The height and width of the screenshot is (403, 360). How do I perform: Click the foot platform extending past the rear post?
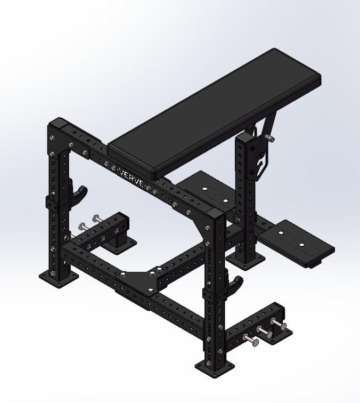click(x=301, y=243)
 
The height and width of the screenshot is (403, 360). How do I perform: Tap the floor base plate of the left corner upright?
click(x=59, y=279)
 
